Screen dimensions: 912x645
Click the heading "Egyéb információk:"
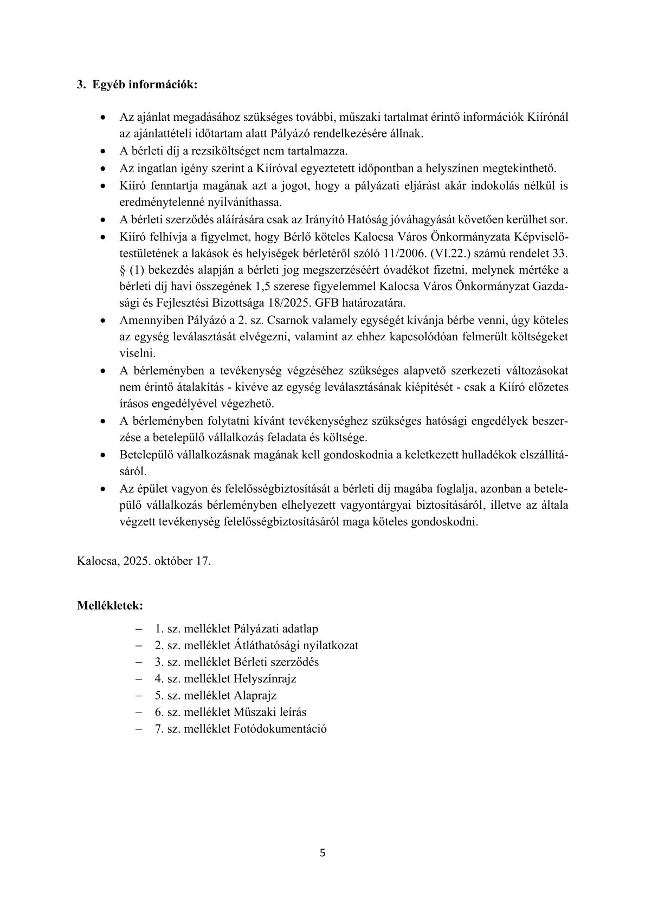coord(145,85)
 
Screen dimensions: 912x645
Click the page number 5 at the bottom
coord(323,853)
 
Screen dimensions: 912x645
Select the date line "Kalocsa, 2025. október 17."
coord(144,561)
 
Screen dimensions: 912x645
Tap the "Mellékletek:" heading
coord(111,605)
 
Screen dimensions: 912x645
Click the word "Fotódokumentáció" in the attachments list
coord(280,728)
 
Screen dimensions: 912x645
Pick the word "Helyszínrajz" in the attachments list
coord(265,678)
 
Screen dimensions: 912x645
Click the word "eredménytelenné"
coord(159,202)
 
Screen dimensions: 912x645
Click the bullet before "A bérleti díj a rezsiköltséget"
coord(102,151)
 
